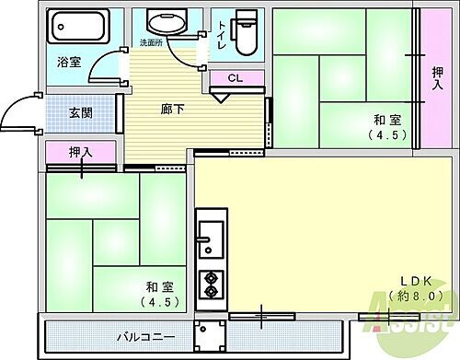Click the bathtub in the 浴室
[77, 31]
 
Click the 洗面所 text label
[151, 43]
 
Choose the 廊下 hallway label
[173, 110]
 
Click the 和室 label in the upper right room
[385, 118]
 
